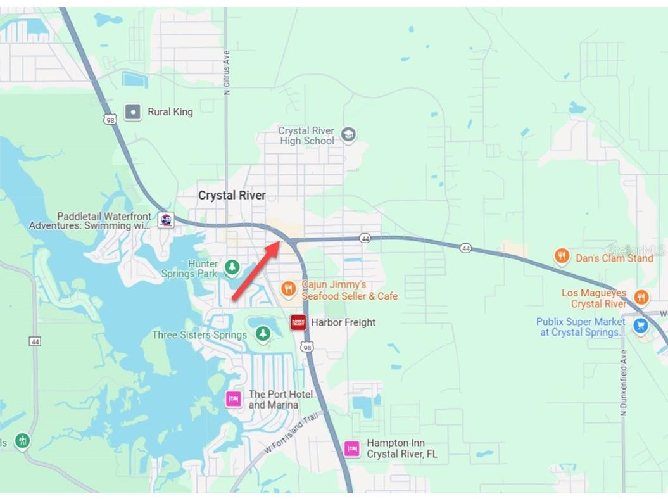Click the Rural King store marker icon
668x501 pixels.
133,112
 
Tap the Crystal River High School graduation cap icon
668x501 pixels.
348,134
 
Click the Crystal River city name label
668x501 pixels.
232,195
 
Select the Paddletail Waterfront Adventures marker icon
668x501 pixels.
166,220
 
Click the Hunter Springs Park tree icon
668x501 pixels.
232,268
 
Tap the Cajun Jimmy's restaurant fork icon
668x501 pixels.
289,290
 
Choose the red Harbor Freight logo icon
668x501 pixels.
298,322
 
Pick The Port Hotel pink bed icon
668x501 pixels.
234,399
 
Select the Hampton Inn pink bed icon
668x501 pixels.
352,448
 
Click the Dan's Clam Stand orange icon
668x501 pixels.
562,257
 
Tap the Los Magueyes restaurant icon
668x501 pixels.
641,298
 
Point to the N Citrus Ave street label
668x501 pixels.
227,73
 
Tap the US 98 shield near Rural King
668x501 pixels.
111,118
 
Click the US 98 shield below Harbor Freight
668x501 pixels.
307,346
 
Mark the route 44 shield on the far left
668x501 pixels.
35,341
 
